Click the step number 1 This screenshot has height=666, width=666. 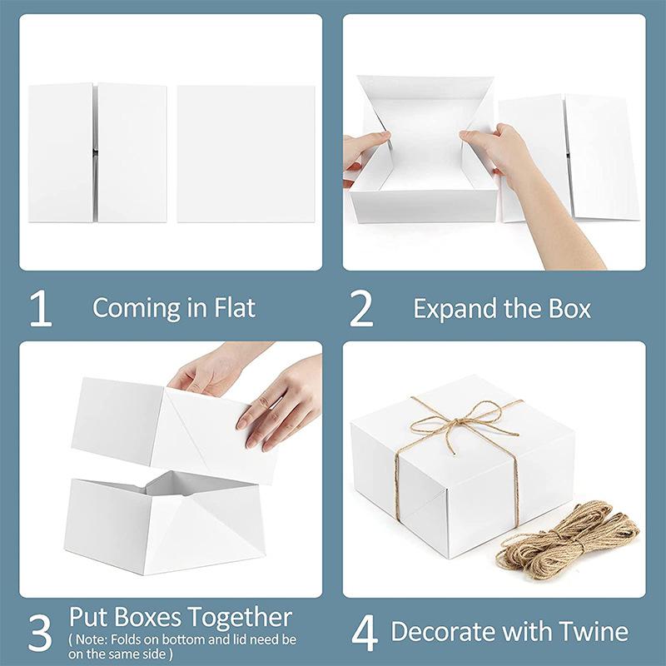(x=40, y=309)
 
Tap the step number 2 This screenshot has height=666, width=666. (x=361, y=309)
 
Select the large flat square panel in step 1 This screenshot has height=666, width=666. (x=246, y=153)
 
